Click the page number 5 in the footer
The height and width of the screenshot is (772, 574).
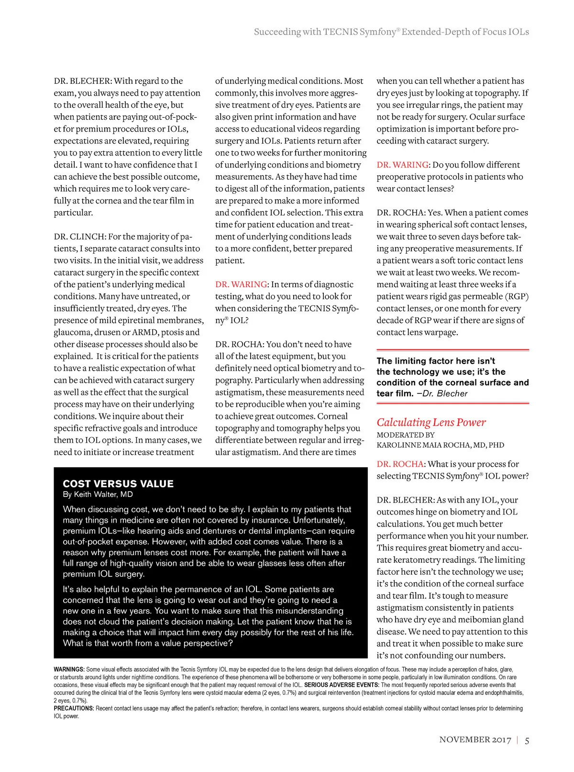tap(527, 740)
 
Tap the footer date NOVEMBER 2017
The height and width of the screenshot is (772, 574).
tap(475, 740)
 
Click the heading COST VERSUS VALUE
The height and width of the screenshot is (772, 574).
tap(118, 483)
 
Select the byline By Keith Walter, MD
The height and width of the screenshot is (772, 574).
tap(98, 494)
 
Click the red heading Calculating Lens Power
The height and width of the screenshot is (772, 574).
tap(431, 422)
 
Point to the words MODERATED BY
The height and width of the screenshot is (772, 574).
tap(406, 435)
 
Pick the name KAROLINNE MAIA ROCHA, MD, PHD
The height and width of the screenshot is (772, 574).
tap(440, 445)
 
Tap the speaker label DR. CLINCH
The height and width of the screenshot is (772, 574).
tap(79, 236)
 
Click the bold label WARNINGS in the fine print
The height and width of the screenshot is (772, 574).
tap(69, 669)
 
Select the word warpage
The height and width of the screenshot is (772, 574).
tap(442, 332)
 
